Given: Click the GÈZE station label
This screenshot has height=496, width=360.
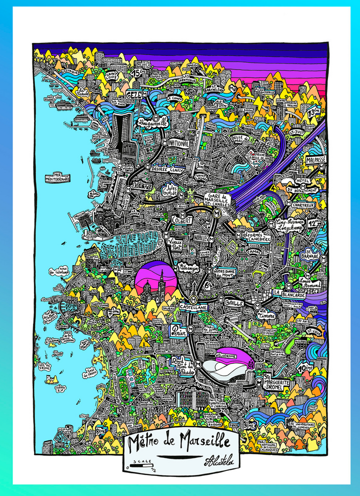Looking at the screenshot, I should coord(133,94).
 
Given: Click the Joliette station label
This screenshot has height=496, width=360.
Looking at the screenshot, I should coord(143,185).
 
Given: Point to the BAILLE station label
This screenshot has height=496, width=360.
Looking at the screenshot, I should coord(234,303).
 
